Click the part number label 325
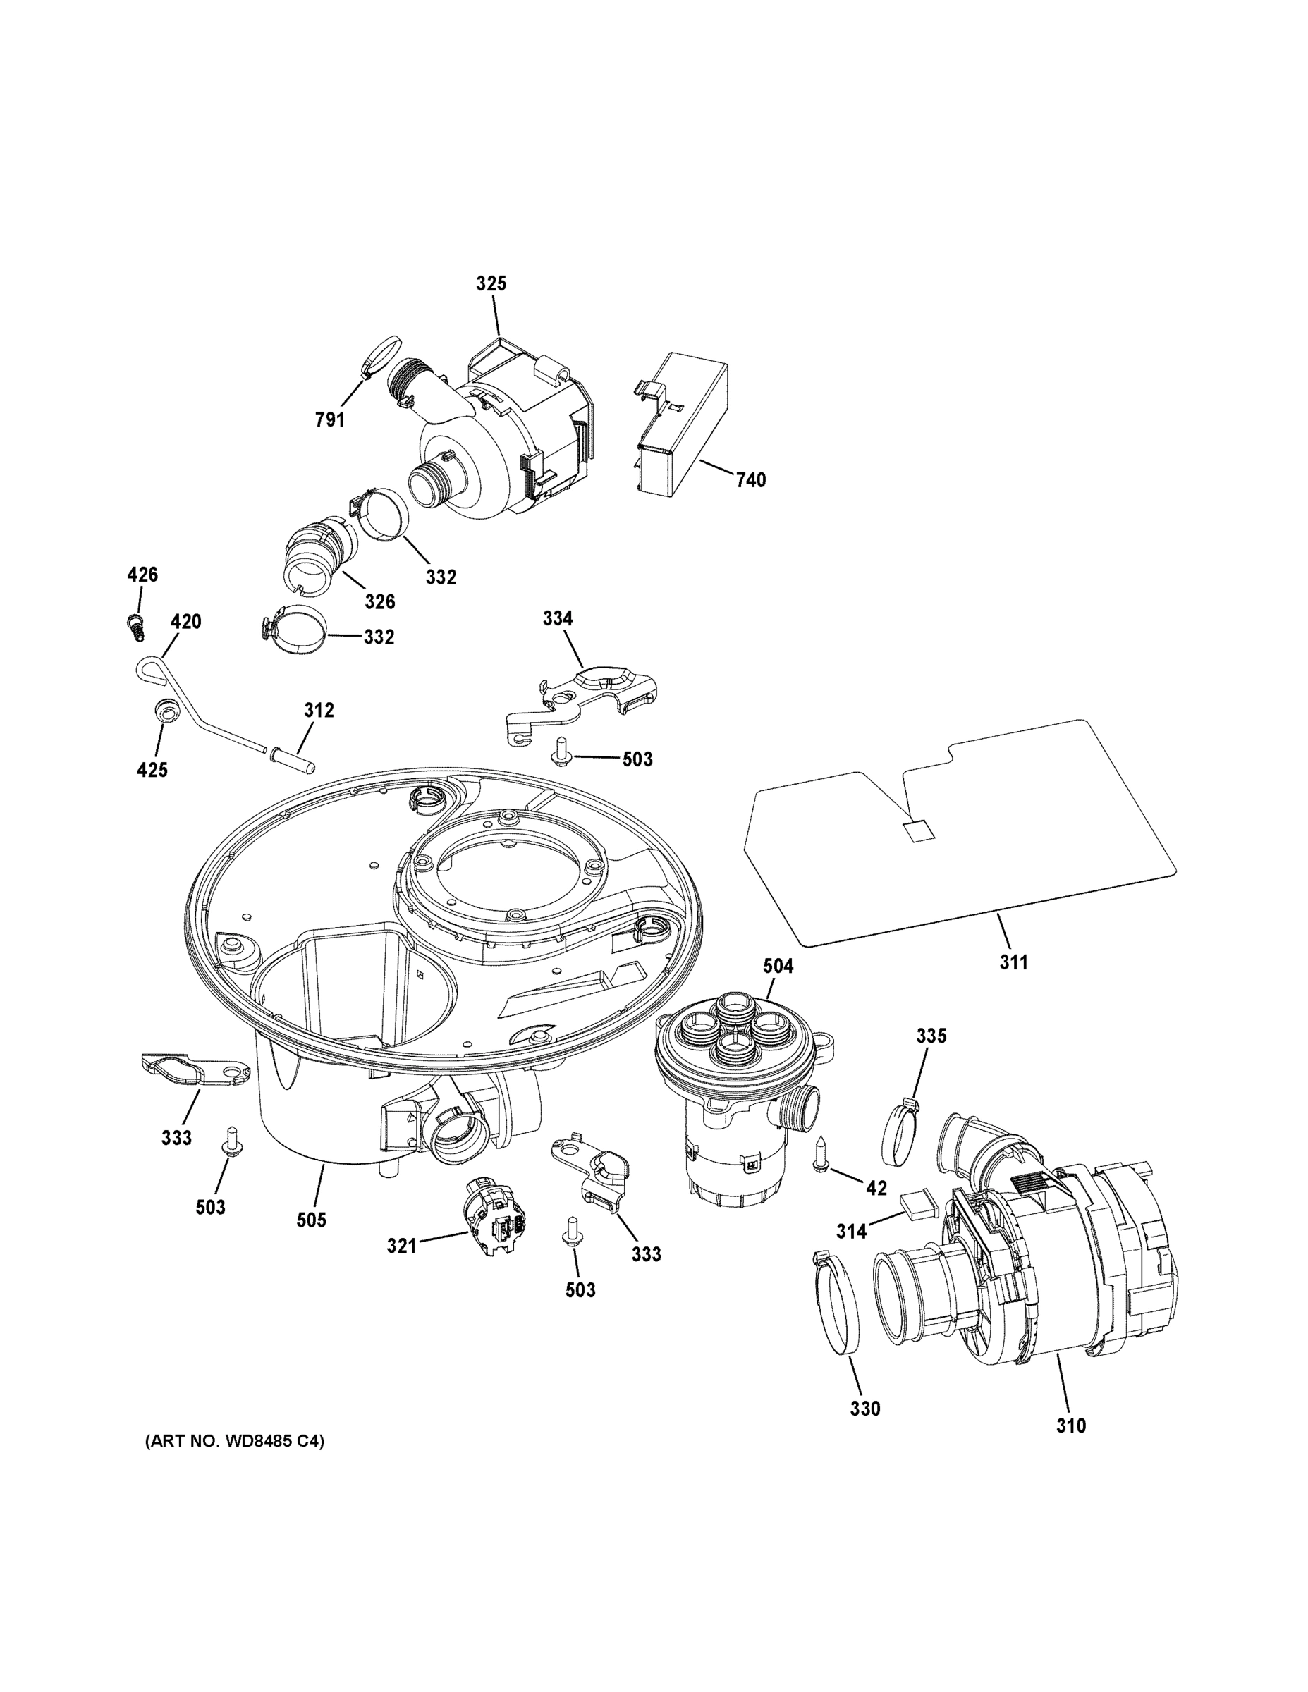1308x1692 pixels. (491, 283)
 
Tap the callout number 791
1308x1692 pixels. (329, 419)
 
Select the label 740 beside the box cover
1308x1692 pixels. (750, 479)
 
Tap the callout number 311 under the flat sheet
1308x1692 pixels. (1013, 962)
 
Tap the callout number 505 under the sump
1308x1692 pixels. (312, 1220)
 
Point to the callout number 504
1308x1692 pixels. (778, 966)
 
